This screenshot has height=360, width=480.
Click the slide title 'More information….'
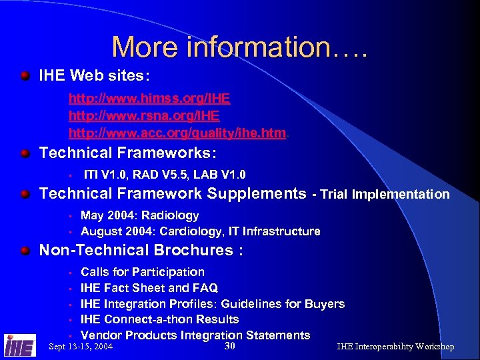pos(239,47)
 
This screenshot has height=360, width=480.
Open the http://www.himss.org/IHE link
pos(149,99)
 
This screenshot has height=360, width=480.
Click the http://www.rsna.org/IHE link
pos(144,116)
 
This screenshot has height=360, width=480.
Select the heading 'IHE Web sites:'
pos(91,75)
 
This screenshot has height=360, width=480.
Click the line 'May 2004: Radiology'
pos(139,215)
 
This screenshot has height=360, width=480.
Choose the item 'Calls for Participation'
pos(142,272)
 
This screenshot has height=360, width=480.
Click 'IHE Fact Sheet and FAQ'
pos(149,288)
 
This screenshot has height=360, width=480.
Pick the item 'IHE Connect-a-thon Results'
pos(159,319)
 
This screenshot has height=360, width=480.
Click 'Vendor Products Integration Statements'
pos(195,335)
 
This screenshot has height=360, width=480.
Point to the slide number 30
pos(230,346)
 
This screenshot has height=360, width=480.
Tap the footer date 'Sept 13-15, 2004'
pos(81,347)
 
